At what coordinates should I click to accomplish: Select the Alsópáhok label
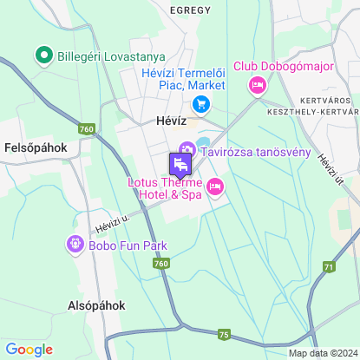coord(96,305)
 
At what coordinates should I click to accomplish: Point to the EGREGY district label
coord(190,10)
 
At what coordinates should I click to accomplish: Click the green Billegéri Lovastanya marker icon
coord(42,57)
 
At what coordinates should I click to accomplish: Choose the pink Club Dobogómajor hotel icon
coord(257,85)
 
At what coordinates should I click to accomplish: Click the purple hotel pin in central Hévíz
coord(179,163)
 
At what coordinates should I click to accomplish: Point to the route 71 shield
coord(329,266)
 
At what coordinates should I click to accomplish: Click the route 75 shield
coord(224,335)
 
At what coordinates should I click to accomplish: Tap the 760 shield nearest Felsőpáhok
coord(85,129)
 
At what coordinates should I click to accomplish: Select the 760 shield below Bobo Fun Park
coord(162,264)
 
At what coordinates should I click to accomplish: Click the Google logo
coord(29,349)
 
